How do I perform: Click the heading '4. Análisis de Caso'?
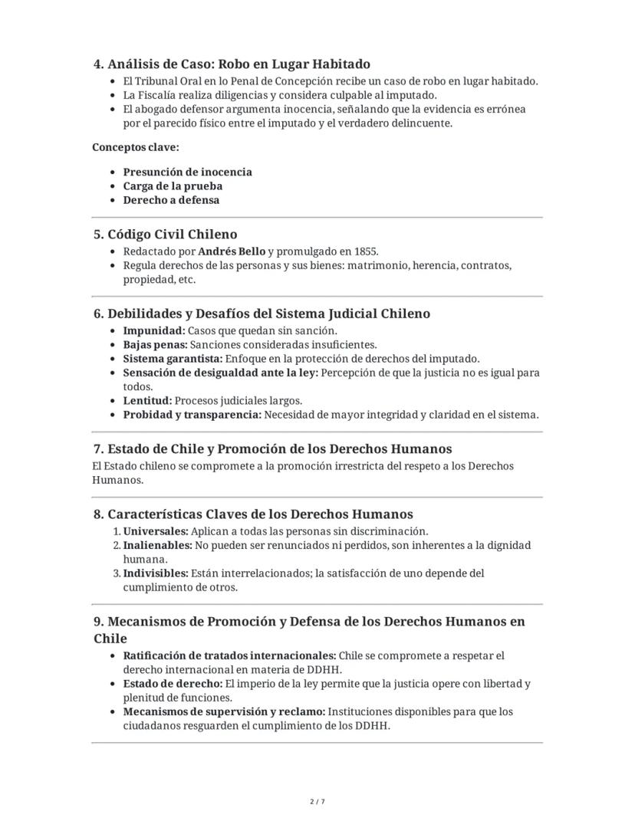232,64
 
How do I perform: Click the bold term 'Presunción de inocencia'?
187,172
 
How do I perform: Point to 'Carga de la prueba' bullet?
173,186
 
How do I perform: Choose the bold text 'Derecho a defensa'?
171,200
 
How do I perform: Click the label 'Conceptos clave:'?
136,146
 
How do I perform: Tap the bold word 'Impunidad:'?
154,331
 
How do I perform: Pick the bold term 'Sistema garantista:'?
173,359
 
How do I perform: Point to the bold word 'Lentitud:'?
147,401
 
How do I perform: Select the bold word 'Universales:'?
156,531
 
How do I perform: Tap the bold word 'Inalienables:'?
157,546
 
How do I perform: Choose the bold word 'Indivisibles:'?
155,573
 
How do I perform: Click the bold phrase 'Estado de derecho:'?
173,684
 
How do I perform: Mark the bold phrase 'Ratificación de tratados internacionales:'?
229,656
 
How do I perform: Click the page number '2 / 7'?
317,802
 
